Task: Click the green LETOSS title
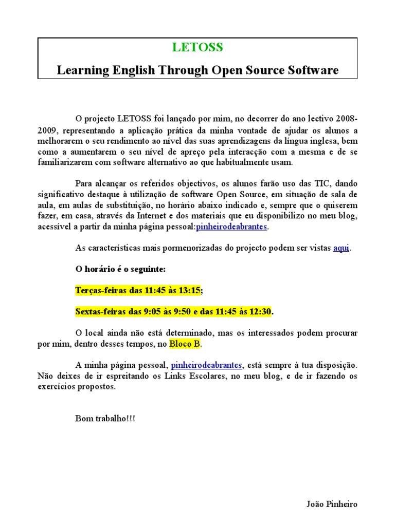click(x=197, y=48)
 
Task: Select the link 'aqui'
click(x=341, y=248)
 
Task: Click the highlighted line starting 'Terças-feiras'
click(x=137, y=291)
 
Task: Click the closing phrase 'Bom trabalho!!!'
click(x=105, y=419)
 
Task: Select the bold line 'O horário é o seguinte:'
click(x=120, y=269)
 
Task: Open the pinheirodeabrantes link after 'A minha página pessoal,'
click(x=206, y=365)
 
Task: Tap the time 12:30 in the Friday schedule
click(x=260, y=312)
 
